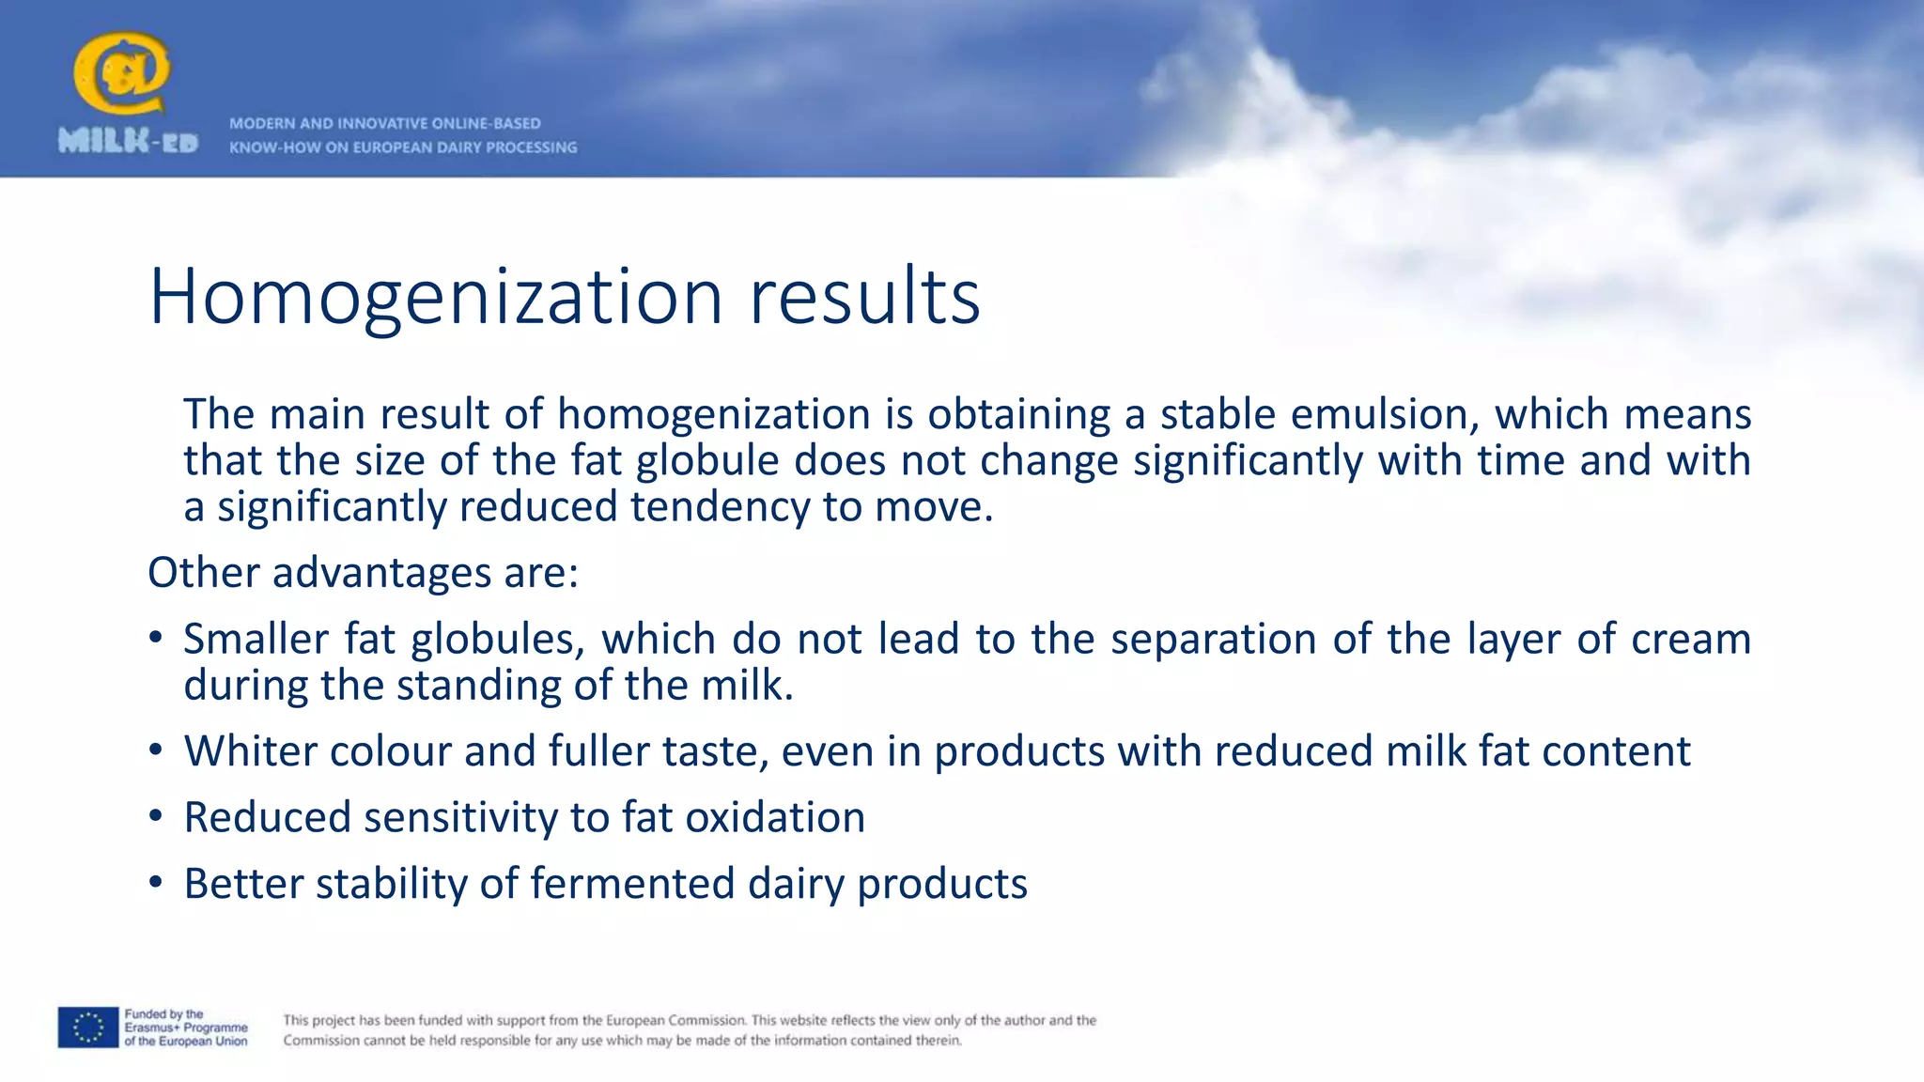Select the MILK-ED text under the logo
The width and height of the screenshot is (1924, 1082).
pos(128,142)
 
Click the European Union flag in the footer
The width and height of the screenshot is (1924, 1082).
pos(87,1028)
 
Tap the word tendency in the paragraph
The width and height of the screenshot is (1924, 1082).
pos(720,507)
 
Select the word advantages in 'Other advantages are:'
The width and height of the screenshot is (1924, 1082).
pos(381,573)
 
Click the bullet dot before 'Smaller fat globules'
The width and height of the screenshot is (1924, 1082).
pos(156,639)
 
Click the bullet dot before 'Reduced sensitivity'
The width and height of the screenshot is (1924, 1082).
pos(156,817)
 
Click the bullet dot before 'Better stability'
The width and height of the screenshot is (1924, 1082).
pos(156,884)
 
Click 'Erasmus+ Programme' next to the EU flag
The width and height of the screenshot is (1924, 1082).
pos(186,1028)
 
